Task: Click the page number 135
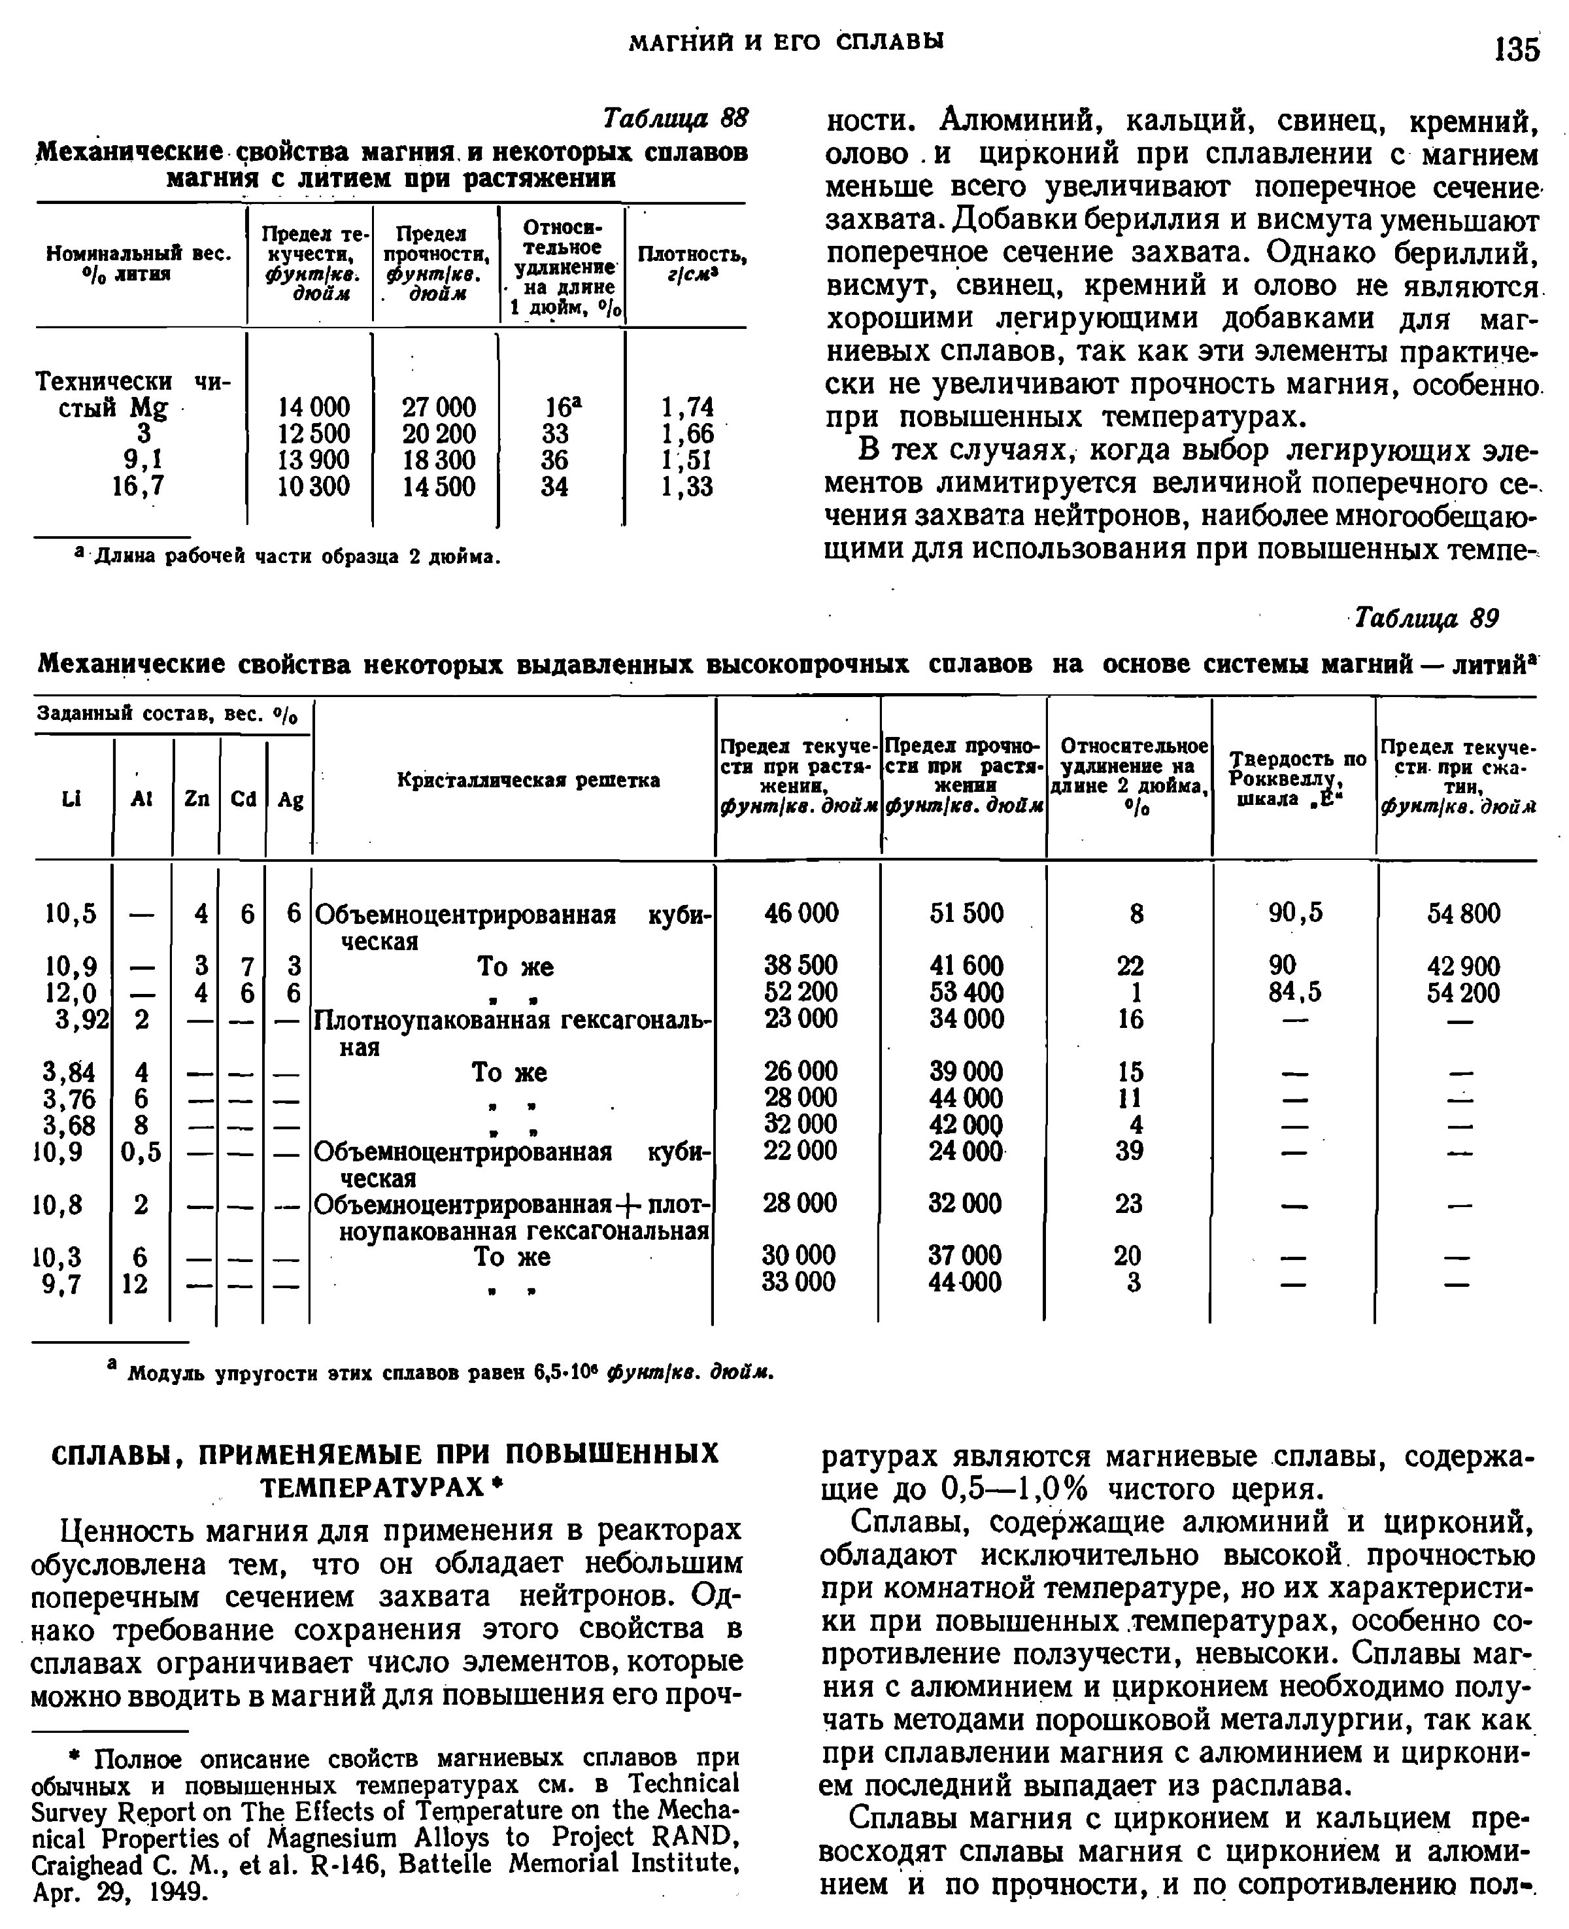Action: [1517, 48]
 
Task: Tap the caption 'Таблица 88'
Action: [675, 119]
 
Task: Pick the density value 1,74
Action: [687, 407]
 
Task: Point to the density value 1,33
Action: [687, 487]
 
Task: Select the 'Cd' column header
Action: [243, 799]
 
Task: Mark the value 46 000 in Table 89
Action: [801, 913]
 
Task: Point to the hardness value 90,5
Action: [1295, 913]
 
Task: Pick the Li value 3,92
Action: [76, 1019]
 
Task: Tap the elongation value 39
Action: [1130, 1151]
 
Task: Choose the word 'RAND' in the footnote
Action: [694, 1837]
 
